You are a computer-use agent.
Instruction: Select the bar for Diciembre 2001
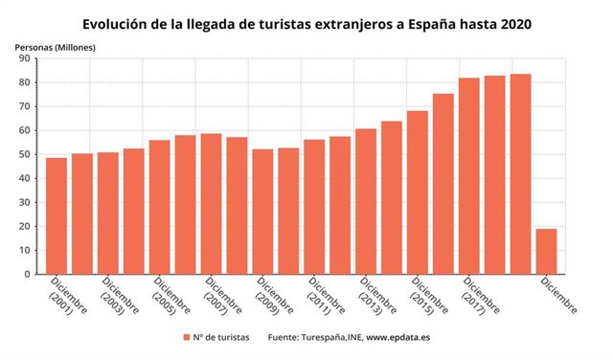57,215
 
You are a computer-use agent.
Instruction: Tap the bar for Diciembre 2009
262,212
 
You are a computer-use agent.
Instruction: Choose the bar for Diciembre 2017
469,176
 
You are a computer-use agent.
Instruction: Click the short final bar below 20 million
546,251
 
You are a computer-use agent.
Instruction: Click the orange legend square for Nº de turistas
186,336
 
